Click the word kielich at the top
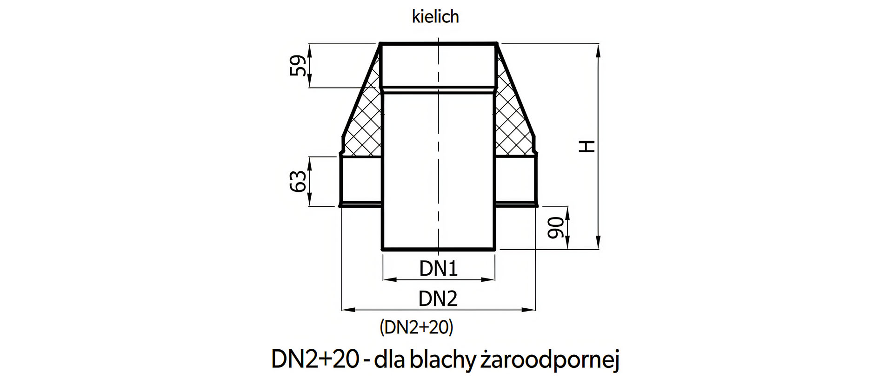(x=435, y=17)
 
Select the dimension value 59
(x=299, y=66)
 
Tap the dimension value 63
(x=299, y=181)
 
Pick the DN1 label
(x=438, y=269)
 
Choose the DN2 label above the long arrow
(x=438, y=299)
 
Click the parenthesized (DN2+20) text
(x=416, y=327)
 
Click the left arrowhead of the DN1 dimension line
(x=386, y=280)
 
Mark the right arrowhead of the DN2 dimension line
(x=531, y=309)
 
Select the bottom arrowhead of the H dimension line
(x=599, y=245)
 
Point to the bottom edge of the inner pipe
(x=438, y=250)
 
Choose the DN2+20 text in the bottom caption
(x=315, y=360)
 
